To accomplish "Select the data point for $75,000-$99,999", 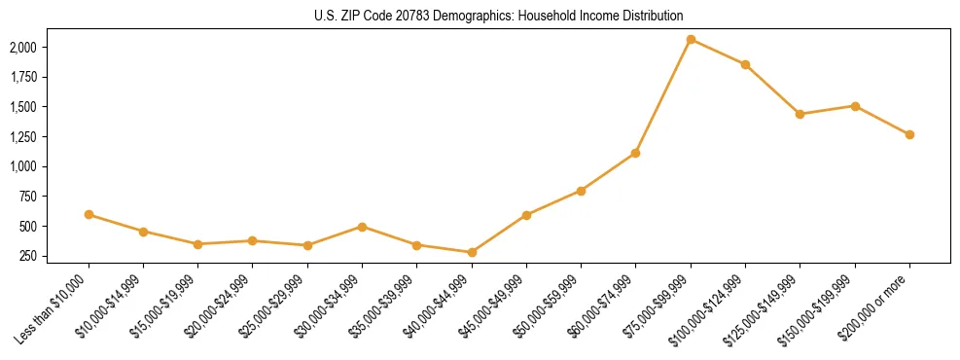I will pos(691,39).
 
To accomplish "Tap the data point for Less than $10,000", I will pos(89,214).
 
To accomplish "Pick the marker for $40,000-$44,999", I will pos(472,252).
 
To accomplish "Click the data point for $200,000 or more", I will pos(909,134).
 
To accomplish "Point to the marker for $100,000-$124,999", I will pos(745,64).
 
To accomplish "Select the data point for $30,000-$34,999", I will pos(362,227).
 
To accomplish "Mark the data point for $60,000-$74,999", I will pos(635,153).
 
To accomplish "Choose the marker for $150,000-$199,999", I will pos(855,106).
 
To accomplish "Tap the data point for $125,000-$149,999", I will pos(800,114).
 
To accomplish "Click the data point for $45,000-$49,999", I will pos(526,215).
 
